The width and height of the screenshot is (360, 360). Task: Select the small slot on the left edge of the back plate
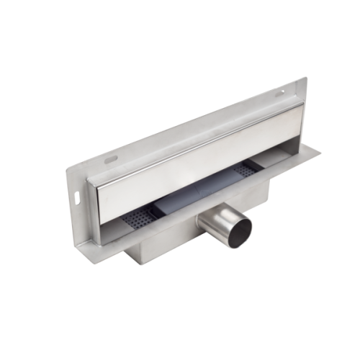coord(76,196)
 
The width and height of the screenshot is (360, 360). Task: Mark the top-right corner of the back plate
coord(305,78)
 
